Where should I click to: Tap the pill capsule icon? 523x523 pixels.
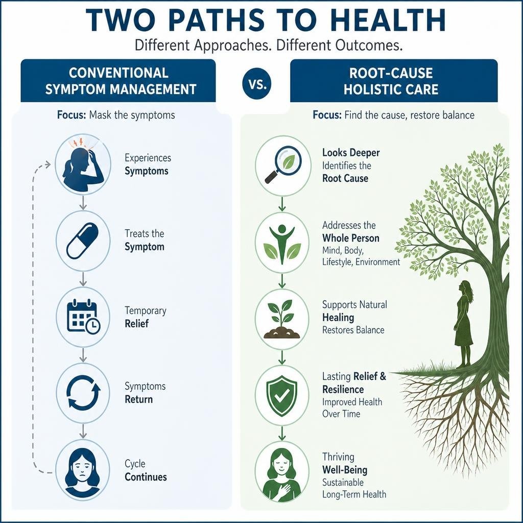pos(83,241)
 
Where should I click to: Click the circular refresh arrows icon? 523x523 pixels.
pos(83,392)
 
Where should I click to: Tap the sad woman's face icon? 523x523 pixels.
pos(82,471)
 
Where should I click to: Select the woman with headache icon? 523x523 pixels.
pos(83,165)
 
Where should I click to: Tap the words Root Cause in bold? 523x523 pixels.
pos(345,178)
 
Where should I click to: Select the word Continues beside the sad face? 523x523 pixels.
pos(146,477)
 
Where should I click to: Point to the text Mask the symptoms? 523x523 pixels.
pos(132,115)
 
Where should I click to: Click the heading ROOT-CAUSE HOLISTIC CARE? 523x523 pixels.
pos(391,81)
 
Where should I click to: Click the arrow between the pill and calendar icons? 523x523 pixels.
pos(83,279)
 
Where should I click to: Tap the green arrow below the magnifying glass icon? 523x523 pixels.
pos(282,204)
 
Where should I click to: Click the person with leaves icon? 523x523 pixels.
pos(282,243)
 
